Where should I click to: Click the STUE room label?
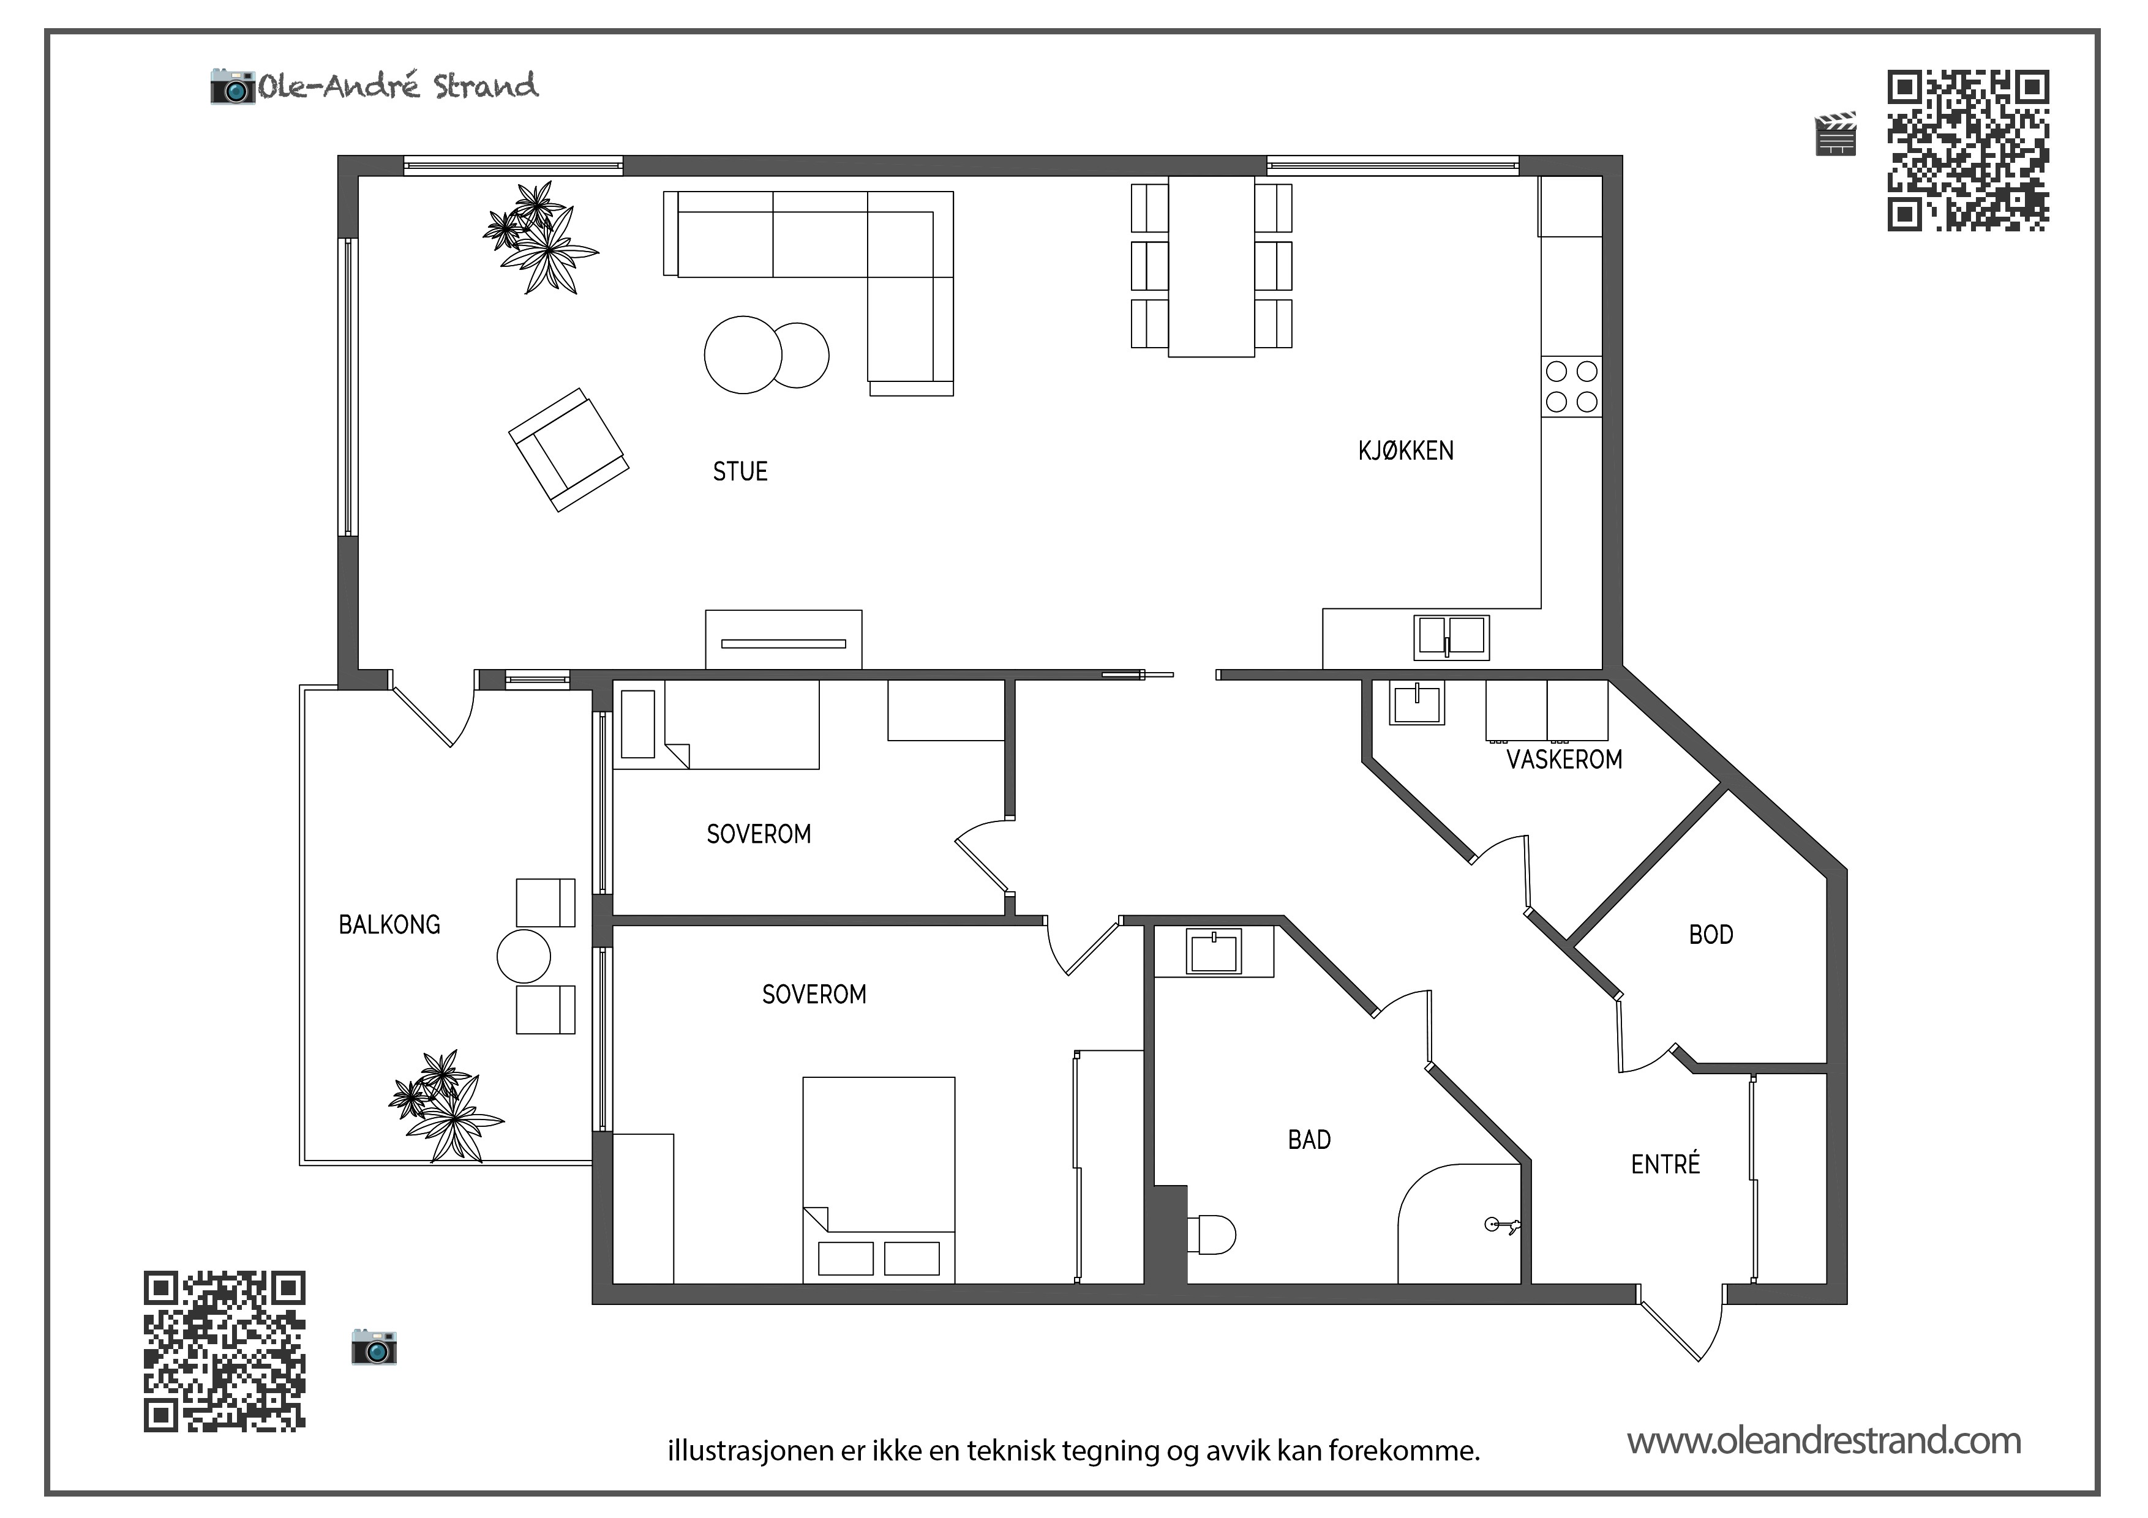coord(740,471)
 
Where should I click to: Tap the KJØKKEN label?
coord(1406,451)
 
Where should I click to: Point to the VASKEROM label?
coord(1564,760)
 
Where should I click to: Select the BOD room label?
coord(1711,935)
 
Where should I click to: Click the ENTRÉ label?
coord(1665,1164)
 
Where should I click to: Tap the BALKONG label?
coord(389,925)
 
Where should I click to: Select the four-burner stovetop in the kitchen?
coord(1572,386)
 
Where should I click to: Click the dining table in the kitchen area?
coord(1212,266)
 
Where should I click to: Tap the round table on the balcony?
coord(524,956)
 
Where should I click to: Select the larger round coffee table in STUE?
coord(743,354)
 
